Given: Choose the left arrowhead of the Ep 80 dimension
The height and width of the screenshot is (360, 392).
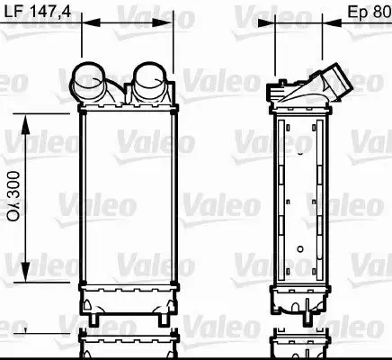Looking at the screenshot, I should point(272,26).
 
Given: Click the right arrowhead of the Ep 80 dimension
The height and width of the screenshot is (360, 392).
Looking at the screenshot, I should point(324,26).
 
